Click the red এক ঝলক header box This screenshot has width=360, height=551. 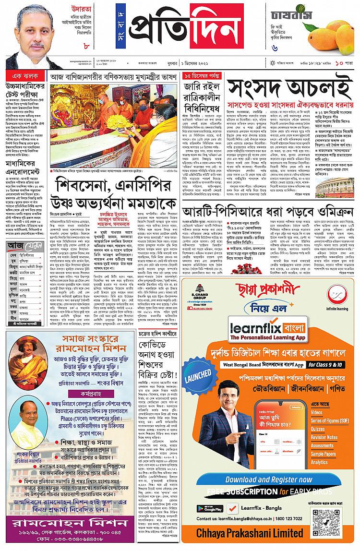25,76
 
